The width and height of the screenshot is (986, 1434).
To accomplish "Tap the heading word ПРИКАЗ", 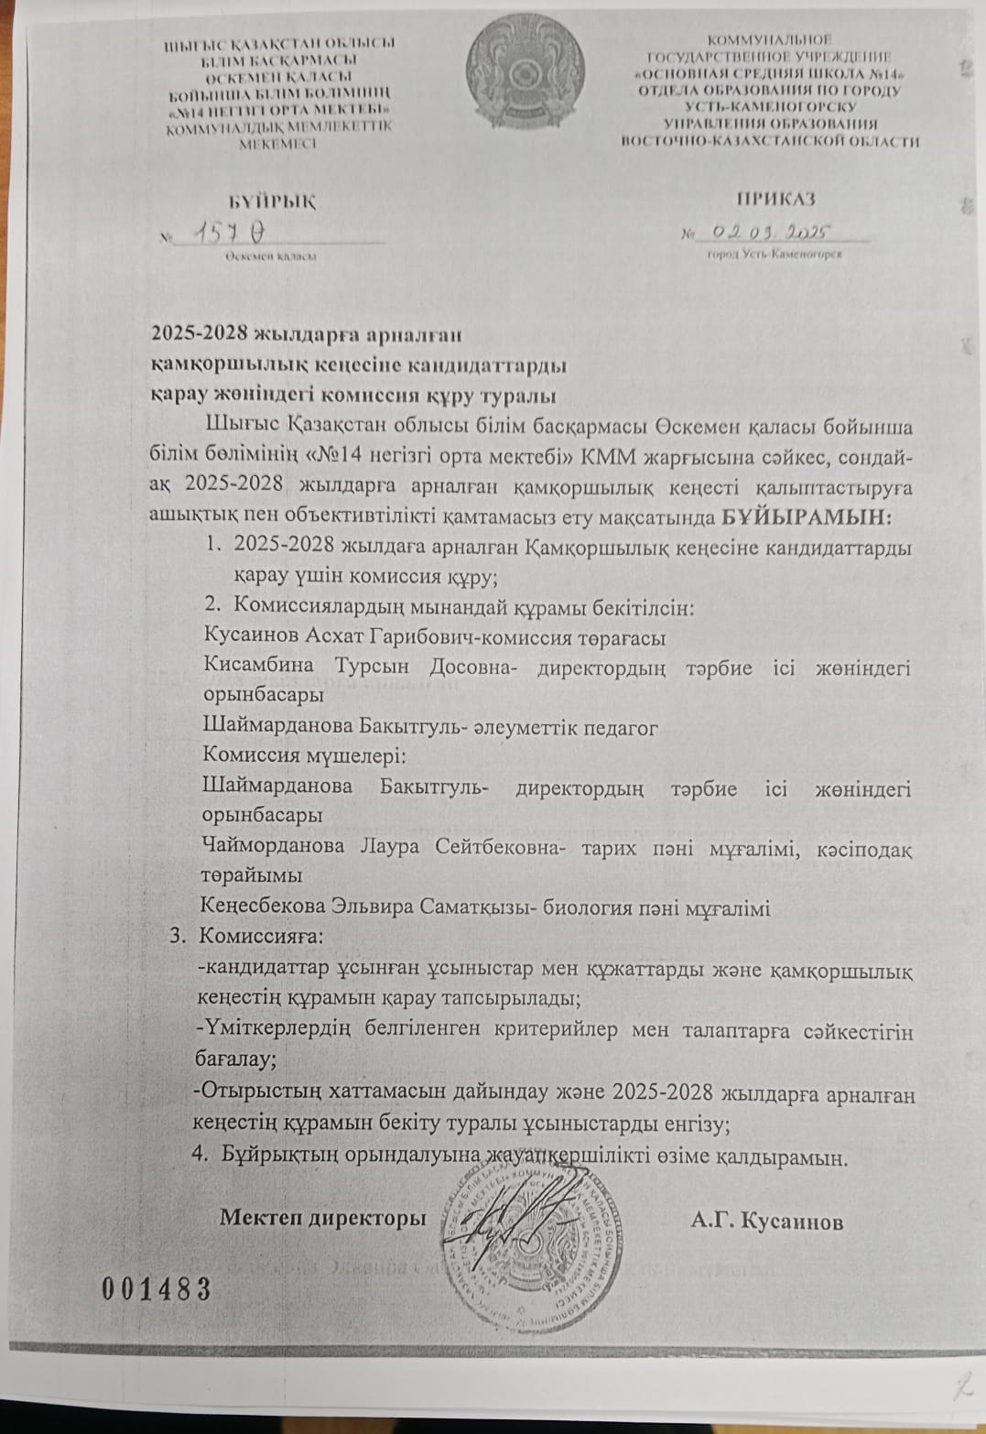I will click(x=775, y=199).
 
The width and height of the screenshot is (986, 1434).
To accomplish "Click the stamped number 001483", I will click(x=156, y=1289).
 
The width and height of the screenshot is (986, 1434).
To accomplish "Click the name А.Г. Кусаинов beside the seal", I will click(x=766, y=1221).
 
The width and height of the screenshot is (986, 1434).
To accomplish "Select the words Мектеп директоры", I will click(x=322, y=1219).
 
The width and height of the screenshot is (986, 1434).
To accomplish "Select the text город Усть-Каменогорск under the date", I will click(x=775, y=255).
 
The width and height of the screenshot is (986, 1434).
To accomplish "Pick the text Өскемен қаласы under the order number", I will click(x=272, y=257).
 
